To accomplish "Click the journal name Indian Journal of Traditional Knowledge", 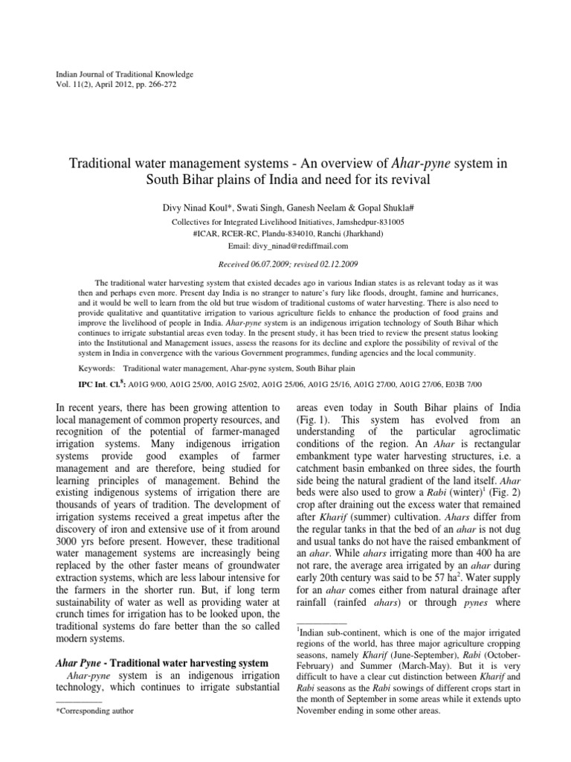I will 125,74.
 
